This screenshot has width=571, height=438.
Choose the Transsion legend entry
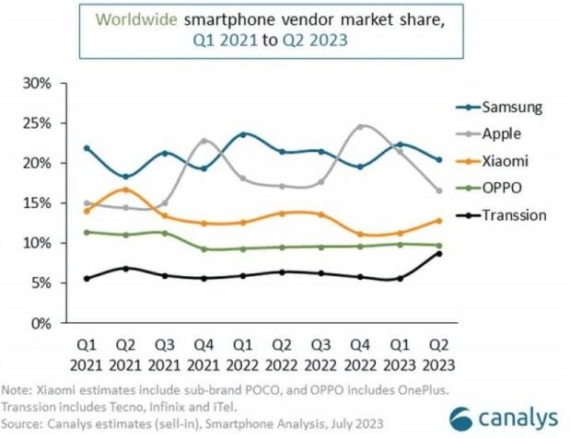[x=514, y=215]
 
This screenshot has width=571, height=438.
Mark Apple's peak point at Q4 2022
[x=361, y=126]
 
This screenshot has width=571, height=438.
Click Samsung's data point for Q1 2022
[x=243, y=134]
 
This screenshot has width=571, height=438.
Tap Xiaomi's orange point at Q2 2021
[x=125, y=190]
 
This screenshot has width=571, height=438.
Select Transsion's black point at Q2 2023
[x=438, y=254]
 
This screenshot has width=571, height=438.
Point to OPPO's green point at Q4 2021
[x=204, y=249]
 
